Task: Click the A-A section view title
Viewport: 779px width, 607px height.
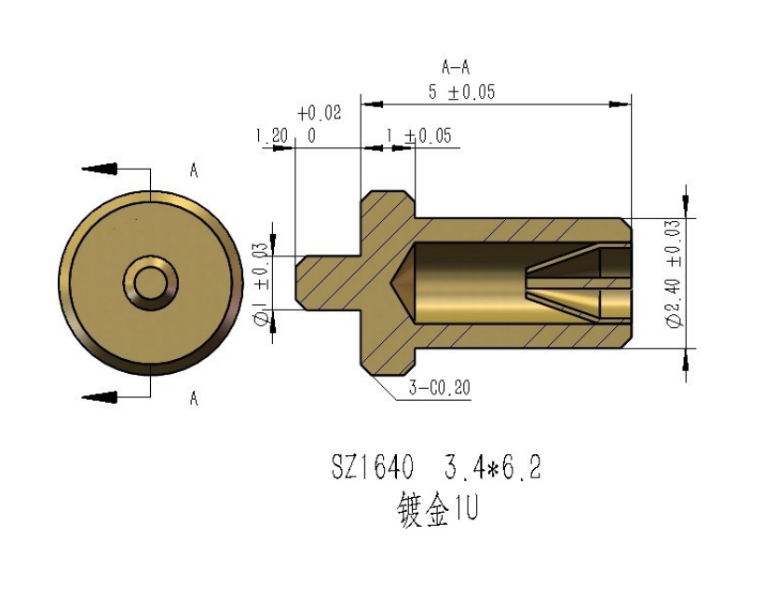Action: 456,66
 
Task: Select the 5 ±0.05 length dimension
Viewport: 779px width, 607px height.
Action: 462,92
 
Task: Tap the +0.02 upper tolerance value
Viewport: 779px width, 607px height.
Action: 320,114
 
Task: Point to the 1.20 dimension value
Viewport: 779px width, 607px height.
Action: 272,135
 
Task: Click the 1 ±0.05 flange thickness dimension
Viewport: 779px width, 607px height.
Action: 419,136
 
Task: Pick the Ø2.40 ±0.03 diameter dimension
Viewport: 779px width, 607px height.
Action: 675,274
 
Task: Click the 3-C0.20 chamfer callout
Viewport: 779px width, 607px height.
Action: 440,387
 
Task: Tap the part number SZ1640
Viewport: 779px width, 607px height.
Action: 373,467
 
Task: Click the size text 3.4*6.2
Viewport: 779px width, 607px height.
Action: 493,467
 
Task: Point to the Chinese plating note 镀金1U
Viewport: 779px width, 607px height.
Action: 437,509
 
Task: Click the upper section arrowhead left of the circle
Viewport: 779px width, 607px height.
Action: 100,169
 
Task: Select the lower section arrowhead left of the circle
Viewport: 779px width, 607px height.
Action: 100,396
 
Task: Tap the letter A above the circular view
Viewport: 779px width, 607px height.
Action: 194,171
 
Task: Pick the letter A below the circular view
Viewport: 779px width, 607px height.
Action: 194,398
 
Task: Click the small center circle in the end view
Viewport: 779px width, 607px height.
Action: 151,283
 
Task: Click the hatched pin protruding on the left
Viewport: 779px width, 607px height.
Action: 328,283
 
